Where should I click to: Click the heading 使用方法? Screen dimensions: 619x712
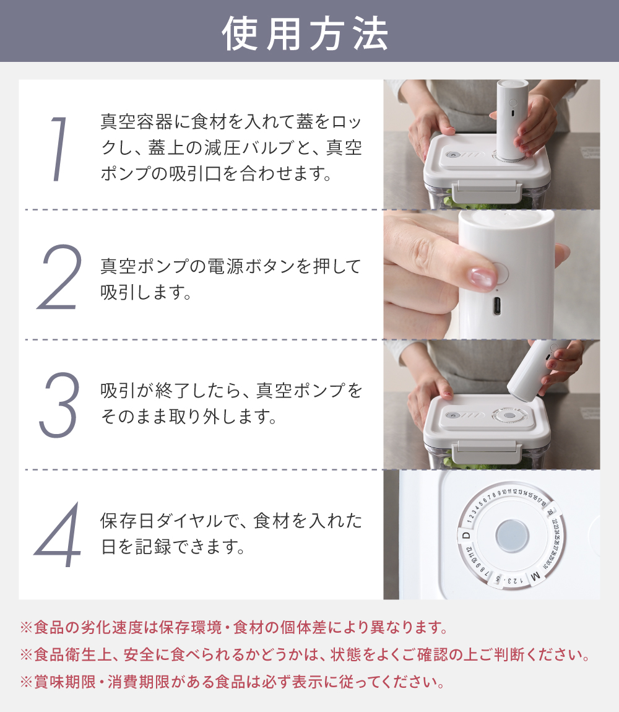coord(305,33)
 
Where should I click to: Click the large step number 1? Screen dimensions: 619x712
coord(59,149)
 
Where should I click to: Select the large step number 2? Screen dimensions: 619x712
coord(59,277)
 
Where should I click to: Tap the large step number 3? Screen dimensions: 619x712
coord(59,404)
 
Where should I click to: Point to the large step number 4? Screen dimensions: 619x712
coord(58,534)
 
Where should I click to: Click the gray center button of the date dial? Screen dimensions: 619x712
coord(512,536)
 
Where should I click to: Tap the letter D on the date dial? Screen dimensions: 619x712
coord(465,536)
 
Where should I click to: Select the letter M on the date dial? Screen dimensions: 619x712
coord(535,577)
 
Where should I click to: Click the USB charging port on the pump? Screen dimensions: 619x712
coord(497,306)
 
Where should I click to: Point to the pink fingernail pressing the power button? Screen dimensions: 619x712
coord(483,277)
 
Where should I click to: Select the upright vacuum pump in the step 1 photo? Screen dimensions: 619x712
coord(513,120)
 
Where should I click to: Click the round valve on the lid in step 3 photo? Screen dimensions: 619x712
coord(509,415)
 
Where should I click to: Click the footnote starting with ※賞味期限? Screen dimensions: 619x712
coord(233,682)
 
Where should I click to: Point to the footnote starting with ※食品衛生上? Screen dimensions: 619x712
coord(305,655)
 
